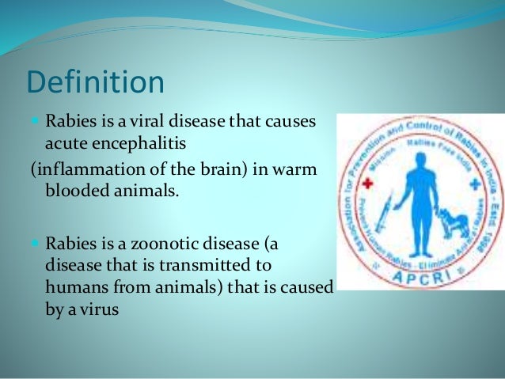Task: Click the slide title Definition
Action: pos(96,83)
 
